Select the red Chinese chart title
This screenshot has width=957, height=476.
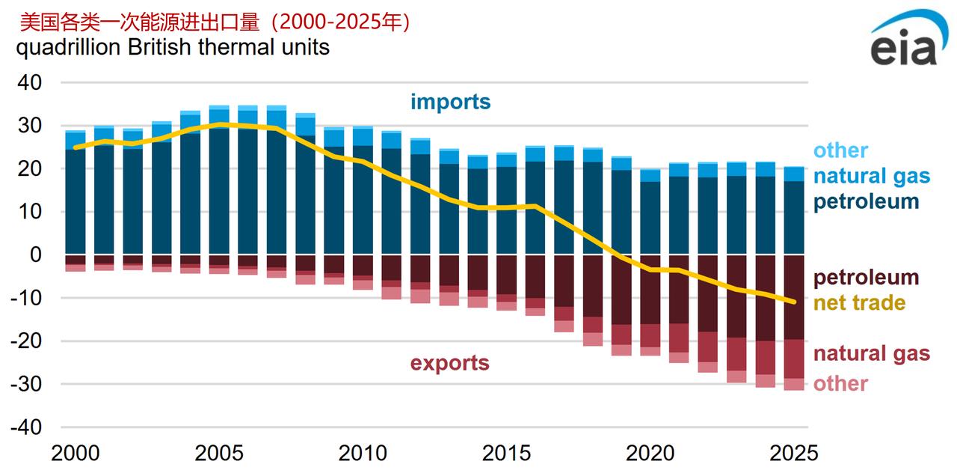coord(216,22)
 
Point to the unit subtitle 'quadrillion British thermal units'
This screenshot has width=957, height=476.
coord(173,47)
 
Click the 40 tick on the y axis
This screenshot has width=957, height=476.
coord(29,82)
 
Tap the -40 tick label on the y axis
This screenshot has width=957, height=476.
coord(26,427)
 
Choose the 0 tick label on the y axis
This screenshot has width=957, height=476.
coord(36,254)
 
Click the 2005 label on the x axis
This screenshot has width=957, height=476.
coord(219,454)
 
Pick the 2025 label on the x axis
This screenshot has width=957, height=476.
coord(794,454)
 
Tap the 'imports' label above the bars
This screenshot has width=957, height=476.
coord(451,102)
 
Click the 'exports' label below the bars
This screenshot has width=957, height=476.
coord(450,363)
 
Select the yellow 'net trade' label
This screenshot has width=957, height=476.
coord(860,303)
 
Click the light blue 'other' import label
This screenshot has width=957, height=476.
coord(841,150)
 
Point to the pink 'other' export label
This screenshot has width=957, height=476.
coord(841,384)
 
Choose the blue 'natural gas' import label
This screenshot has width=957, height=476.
coord(872,176)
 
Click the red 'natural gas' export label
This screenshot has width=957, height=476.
coord(872,354)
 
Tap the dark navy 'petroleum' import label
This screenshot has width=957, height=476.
coord(867,202)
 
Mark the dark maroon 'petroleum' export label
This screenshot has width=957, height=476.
coord(867,278)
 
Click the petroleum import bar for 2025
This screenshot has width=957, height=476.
coord(794,218)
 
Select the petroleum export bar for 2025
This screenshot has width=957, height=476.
coord(794,297)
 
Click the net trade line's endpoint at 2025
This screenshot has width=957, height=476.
coord(795,302)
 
